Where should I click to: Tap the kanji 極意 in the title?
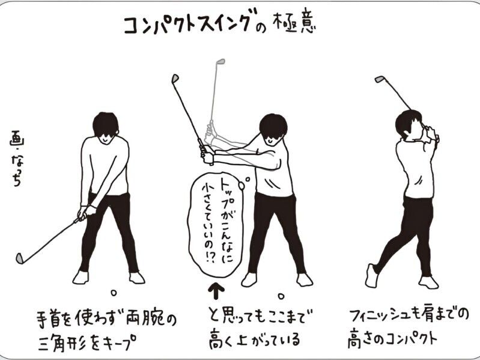click(295, 23)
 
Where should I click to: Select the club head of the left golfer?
click(20, 258)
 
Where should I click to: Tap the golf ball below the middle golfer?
click(281, 296)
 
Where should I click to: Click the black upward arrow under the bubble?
click(216, 291)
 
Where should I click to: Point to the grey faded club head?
click(220, 61)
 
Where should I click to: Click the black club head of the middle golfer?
click(175, 78)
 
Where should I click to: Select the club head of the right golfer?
click(379, 79)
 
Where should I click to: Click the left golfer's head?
click(105, 127)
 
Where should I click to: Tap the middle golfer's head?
click(273, 130)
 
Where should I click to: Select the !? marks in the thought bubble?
click(210, 257)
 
